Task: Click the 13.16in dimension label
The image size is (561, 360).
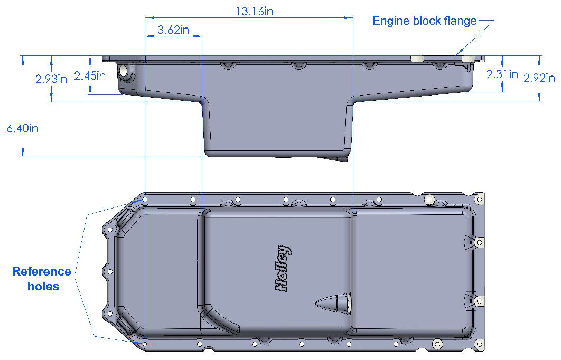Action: pyautogui.click(x=254, y=11)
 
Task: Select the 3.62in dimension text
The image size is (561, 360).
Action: pyautogui.click(x=173, y=30)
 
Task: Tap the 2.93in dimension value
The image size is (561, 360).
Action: pyautogui.click(x=51, y=79)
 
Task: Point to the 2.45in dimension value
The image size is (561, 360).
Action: pyautogui.click(x=90, y=75)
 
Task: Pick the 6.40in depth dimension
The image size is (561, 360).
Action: pyautogui.click(x=22, y=128)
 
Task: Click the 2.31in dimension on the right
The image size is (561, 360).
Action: pyautogui.click(x=502, y=74)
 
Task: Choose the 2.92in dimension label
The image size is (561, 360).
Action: pyautogui.click(x=539, y=78)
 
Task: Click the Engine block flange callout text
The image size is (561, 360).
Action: pyautogui.click(x=424, y=21)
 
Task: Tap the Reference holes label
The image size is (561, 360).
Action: pyautogui.click(x=41, y=279)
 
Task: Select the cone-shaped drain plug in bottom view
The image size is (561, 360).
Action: pyautogui.click(x=334, y=302)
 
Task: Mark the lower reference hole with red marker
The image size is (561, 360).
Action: pyautogui.click(x=145, y=343)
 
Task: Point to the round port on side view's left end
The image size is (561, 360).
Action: pyautogui.click(x=124, y=71)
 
